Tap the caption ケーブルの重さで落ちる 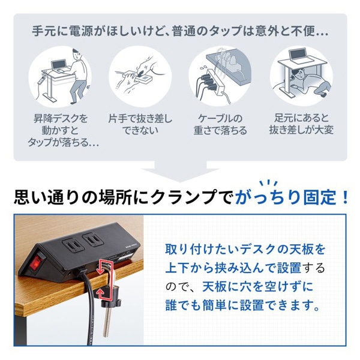point(220,124)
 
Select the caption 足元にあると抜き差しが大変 point(301,124)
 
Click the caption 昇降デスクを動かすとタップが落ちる point(61,130)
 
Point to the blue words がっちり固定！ point(293,197)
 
